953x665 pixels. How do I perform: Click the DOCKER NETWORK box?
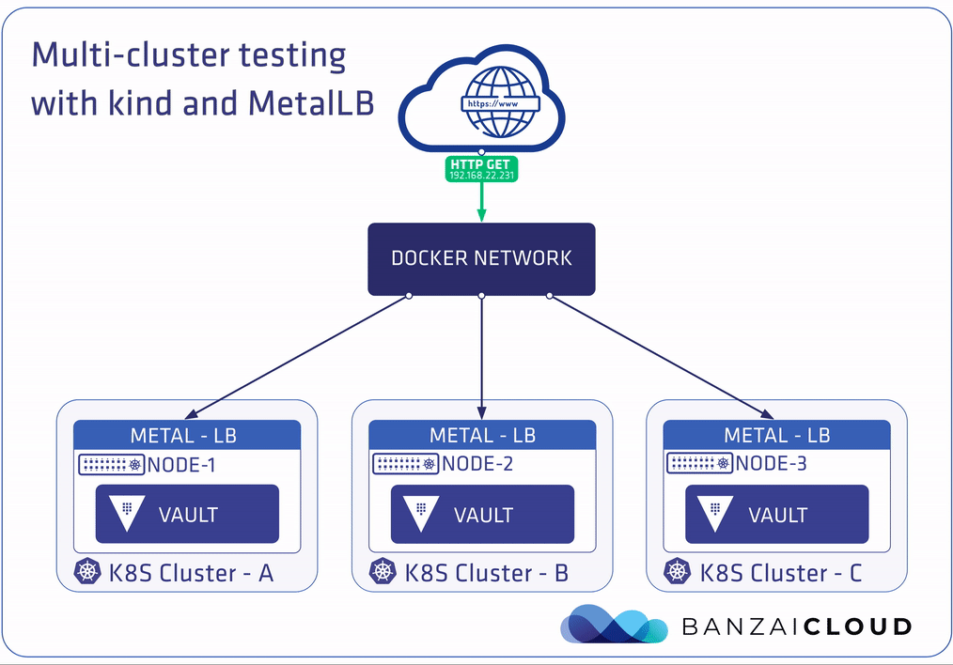[480, 258]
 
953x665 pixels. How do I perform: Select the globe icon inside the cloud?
[497, 102]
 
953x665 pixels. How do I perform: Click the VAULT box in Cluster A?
[187, 514]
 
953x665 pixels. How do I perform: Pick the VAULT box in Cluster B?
[482, 514]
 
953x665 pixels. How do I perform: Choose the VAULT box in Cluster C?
[776, 514]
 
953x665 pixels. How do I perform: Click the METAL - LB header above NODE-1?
[186, 435]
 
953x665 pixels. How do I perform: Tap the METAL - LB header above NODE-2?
[482, 435]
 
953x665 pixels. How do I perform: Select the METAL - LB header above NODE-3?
[776, 435]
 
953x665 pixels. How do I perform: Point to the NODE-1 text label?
[183, 464]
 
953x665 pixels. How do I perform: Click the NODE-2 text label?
[477, 464]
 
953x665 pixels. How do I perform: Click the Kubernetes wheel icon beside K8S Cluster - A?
[87, 571]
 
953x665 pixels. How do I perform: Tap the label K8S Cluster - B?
[486, 572]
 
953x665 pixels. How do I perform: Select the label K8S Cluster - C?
[780, 572]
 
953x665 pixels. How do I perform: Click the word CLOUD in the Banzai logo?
[857, 626]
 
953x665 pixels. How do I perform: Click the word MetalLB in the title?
[311, 102]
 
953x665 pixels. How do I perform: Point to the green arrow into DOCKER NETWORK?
[481, 202]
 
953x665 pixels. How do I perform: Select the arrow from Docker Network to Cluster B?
[481, 357]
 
